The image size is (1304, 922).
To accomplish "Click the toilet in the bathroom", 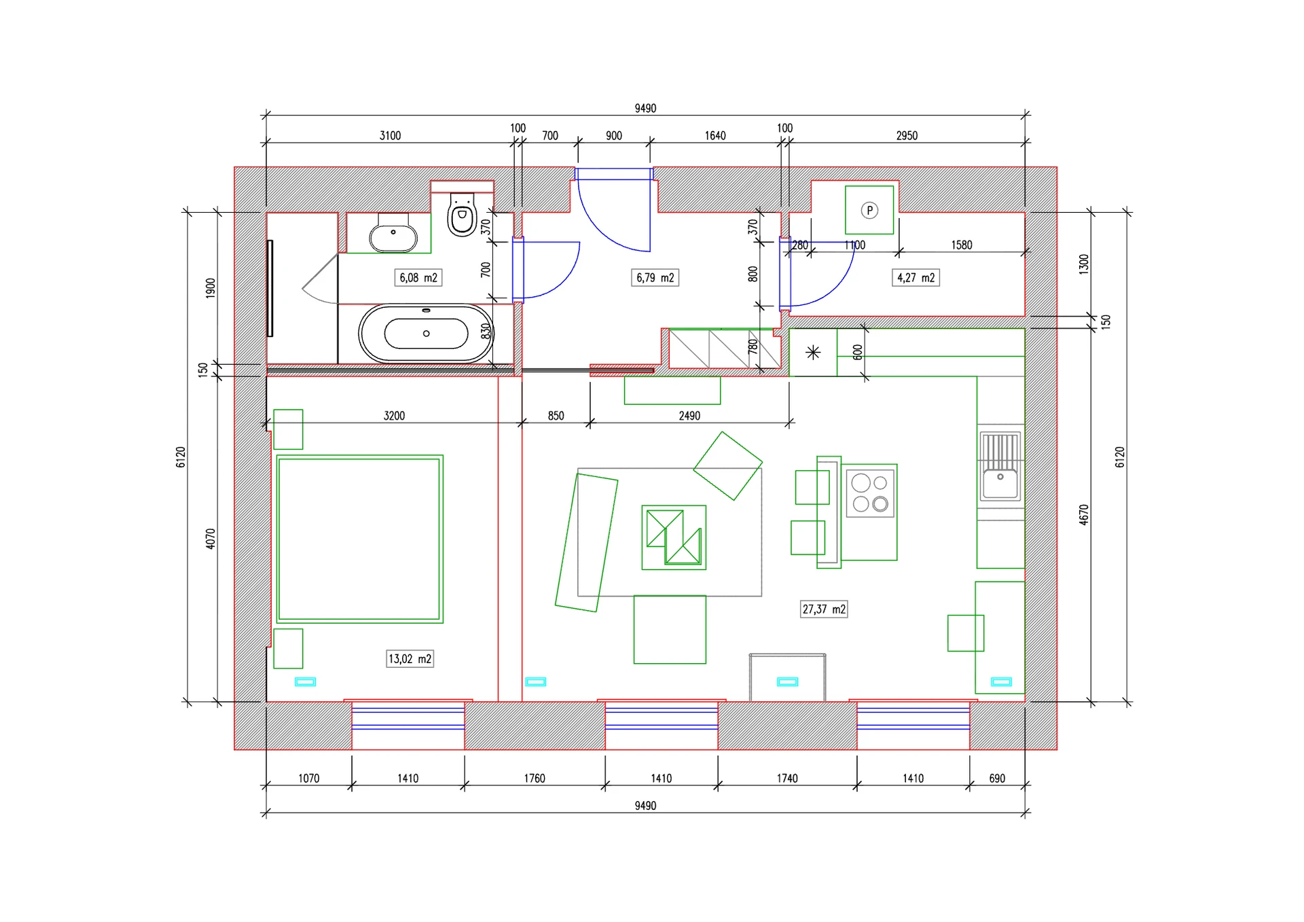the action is coord(463,214).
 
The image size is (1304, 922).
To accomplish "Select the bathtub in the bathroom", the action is coord(426,334).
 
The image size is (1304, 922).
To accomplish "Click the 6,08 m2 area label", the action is coord(418,278).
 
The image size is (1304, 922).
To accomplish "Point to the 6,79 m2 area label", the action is coord(655,278).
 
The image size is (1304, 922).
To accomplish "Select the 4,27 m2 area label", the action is coord(916,278).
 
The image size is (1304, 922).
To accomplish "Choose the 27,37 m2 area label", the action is coord(824,609).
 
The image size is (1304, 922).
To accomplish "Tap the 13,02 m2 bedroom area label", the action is coord(410,659).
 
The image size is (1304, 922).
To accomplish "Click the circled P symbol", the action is coord(869,211).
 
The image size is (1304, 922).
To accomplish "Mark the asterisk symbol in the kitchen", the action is coord(813,352).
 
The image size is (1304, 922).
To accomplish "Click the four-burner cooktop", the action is coord(870,493).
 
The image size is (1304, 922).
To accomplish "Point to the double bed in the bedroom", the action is coord(359,539).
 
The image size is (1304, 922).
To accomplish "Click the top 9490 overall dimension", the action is coord(645,109).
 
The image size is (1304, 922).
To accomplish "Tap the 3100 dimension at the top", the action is coord(390,136).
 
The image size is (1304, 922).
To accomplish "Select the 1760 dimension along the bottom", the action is coord(535,779).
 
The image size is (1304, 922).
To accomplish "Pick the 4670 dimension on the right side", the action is coord(1084,514).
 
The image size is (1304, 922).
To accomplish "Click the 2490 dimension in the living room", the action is coord(689,416).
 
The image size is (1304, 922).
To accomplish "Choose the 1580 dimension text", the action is coord(962,245).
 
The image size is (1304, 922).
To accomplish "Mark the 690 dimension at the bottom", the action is coord(997,779).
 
